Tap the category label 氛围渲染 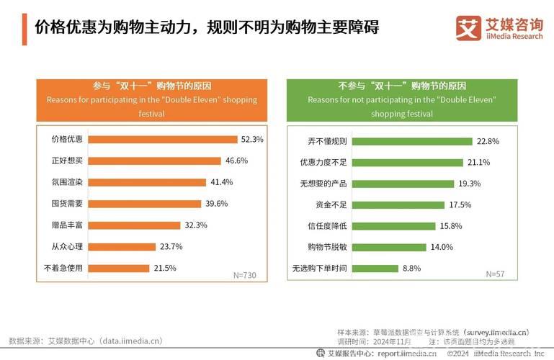[67, 182]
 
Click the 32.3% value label [196, 225]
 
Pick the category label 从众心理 [67, 246]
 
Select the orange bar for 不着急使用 [122, 268]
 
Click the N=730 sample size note [244, 275]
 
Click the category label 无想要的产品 [323, 184]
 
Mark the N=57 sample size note [495, 274]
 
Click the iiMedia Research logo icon [468, 27]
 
